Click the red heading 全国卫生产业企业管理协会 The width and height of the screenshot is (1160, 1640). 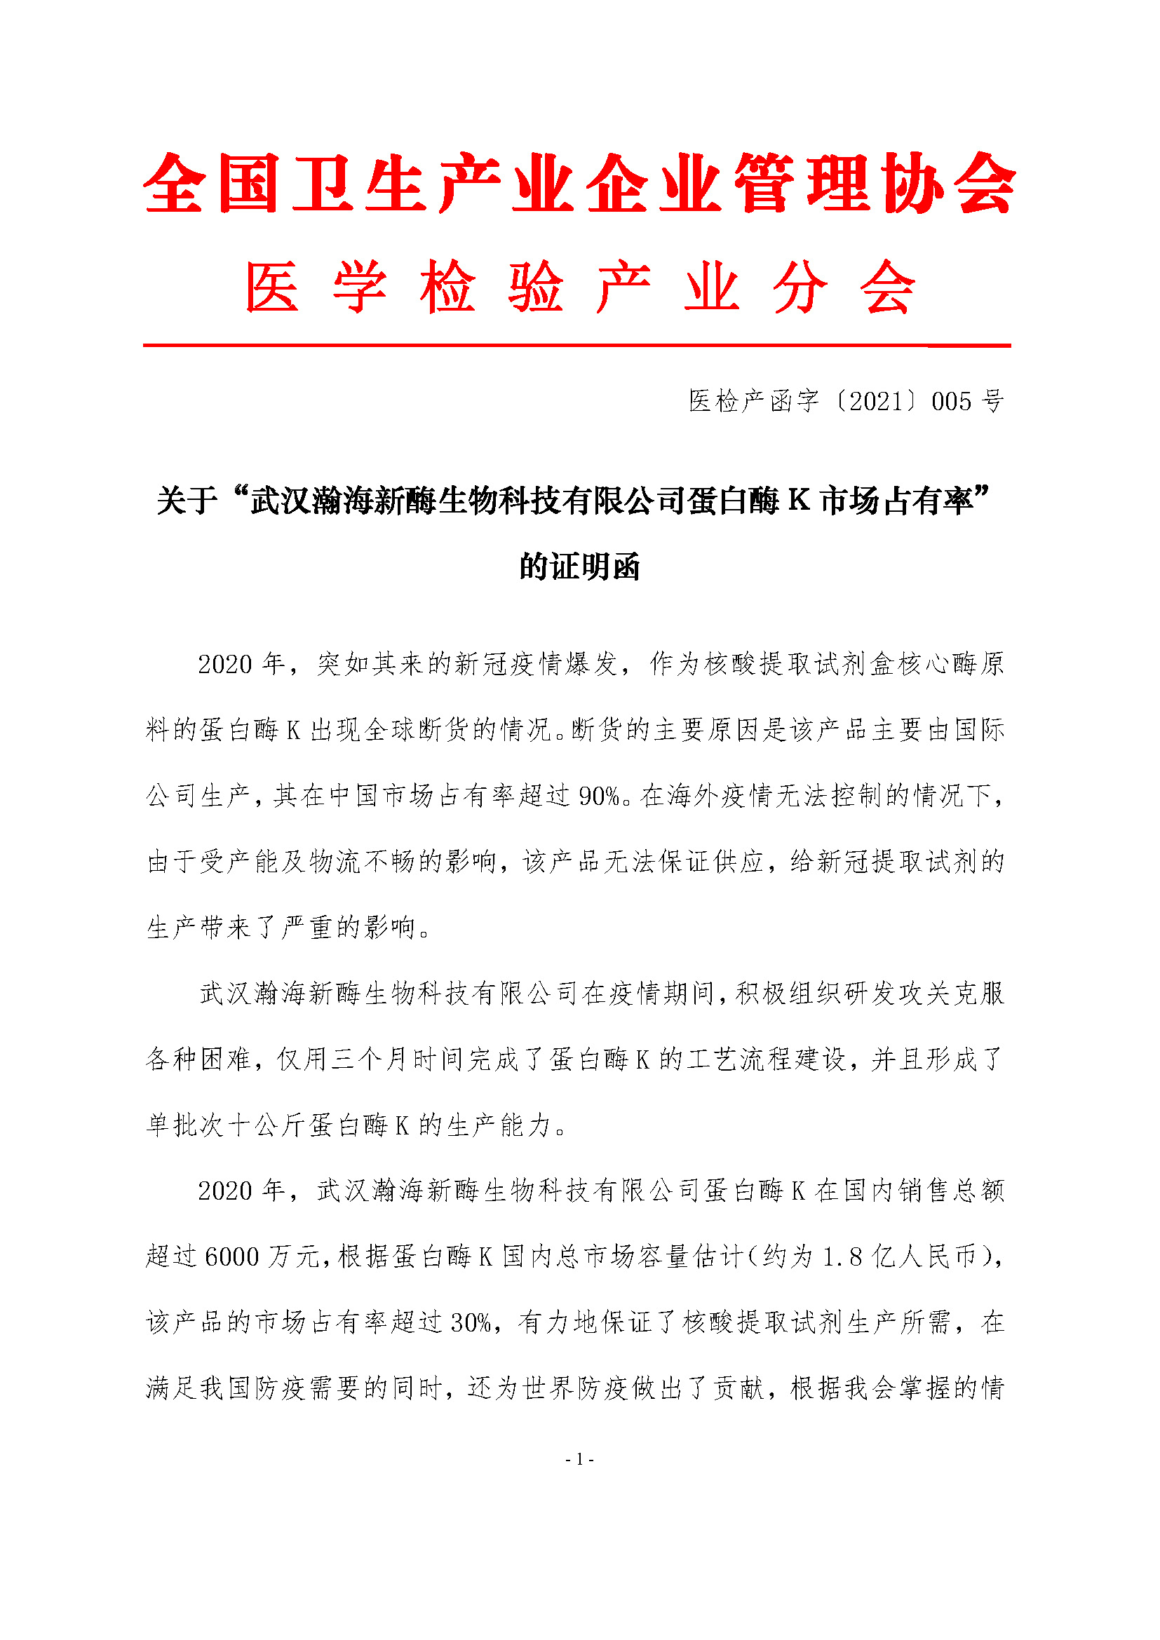[x=579, y=184]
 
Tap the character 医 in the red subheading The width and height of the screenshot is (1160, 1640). [x=271, y=287]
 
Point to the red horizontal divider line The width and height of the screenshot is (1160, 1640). [x=576, y=346]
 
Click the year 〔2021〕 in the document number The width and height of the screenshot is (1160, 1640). [x=877, y=402]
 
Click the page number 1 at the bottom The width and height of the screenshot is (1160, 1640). [x=579, y=1459]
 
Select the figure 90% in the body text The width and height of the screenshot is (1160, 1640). [x=600, y=797]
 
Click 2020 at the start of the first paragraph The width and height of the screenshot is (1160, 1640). [x=225, y=664]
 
